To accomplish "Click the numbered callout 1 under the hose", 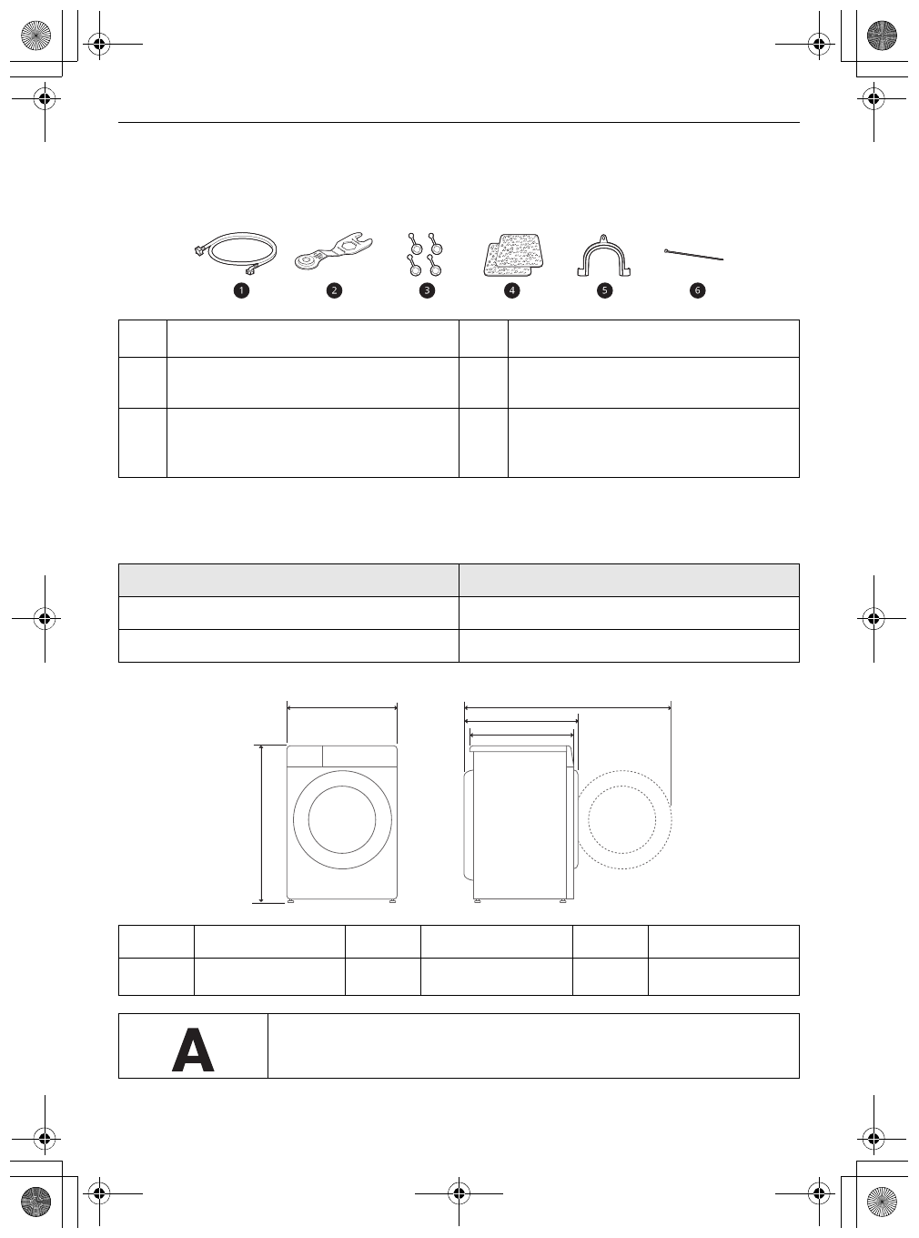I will coord(241,290).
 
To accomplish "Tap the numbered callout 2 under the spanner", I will coord(335,290).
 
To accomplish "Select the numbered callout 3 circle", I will coord(427,290).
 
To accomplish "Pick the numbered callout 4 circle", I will coord(512,290).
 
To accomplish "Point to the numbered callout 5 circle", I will coord(605,290).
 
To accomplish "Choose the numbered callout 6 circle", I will coord(698,290).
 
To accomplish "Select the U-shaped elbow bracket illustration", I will coord(605,256).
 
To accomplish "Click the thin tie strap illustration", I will coord(693,253).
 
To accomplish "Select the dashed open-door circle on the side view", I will coord(623,819).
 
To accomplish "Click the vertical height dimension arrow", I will coord(262,824).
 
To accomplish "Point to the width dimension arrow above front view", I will coord(342,705).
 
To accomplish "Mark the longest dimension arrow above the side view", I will coord(568,705).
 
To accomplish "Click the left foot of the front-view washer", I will coord(292,902).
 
